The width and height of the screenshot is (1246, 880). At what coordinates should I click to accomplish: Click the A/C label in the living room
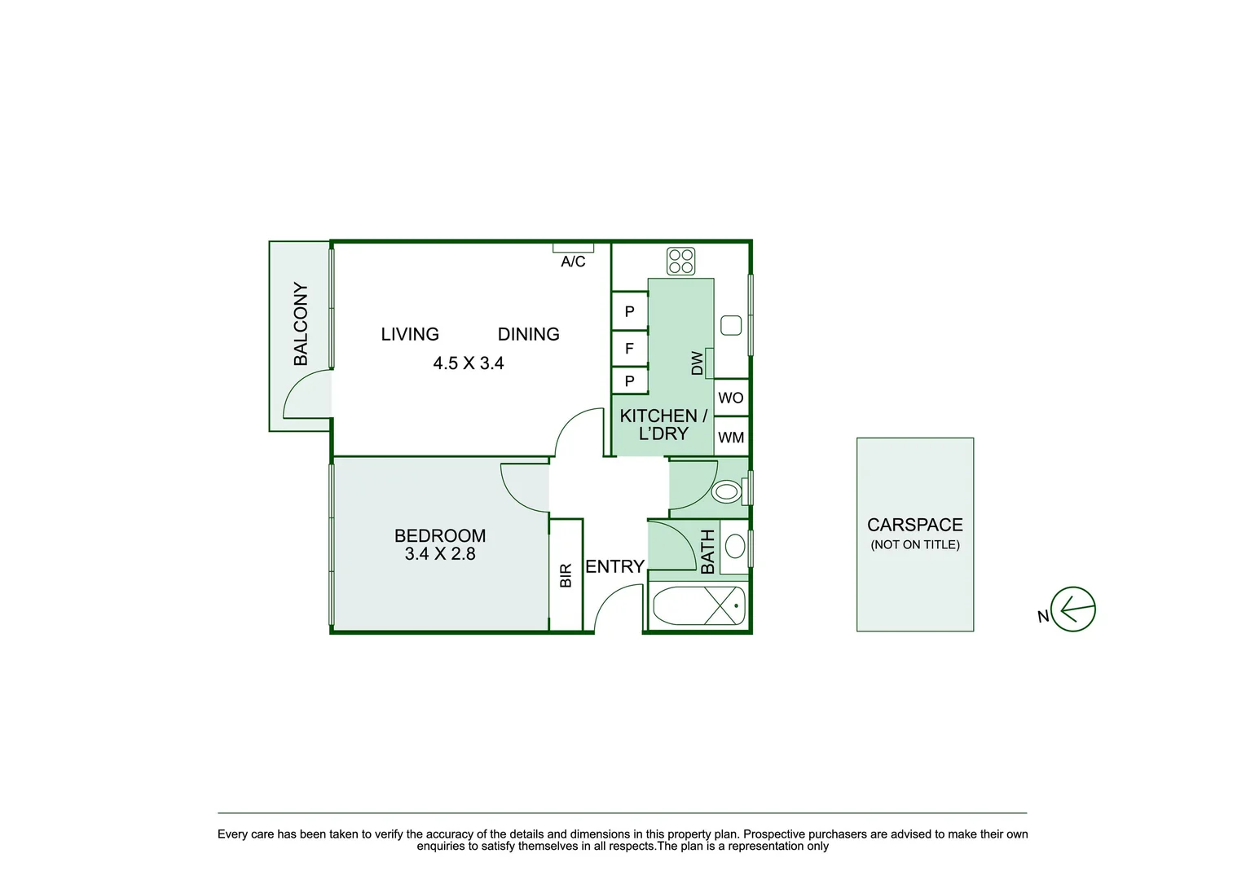click(x=573, y=262)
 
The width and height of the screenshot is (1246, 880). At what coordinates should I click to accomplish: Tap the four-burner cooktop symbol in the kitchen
click(x=680, y=261)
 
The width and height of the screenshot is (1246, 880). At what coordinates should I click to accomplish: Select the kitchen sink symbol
click(x=731, y=325)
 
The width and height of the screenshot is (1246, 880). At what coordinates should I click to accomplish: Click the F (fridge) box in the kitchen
click(x=629, y=348)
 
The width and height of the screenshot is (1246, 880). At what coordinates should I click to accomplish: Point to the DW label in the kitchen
click(x=697, y=363)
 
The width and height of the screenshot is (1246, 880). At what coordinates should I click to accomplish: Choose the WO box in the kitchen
click(x=731, y=398)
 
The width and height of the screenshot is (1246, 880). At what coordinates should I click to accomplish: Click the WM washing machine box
click(x=731, y=438)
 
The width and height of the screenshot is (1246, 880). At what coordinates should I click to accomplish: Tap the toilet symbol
click(x=727, y=491)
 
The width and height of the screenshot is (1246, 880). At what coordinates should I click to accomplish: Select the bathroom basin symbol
click(x=735, y=546)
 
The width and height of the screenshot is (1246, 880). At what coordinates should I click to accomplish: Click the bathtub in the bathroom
click(x=698, y=606)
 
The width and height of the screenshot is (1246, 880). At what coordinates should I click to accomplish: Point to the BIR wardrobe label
click(x=566, y=575)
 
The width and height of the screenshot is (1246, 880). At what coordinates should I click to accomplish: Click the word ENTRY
click(x=614, y=566)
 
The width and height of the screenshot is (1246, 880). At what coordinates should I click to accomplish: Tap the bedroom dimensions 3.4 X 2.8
click(x=440, y=554)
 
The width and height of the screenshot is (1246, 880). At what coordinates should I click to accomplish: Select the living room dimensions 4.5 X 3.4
click(x=469, y=363)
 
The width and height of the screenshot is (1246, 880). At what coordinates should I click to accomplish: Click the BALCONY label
click(x=301, y=323)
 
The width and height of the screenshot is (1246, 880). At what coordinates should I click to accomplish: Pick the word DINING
click(x=528, y=334)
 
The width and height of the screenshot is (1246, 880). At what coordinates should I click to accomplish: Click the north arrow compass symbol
click(x=1073, y=609)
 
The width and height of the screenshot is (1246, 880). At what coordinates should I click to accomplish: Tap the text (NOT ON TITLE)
click(x=914, y=545)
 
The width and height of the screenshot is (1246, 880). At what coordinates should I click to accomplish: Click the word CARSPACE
click(x=914, y=525)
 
